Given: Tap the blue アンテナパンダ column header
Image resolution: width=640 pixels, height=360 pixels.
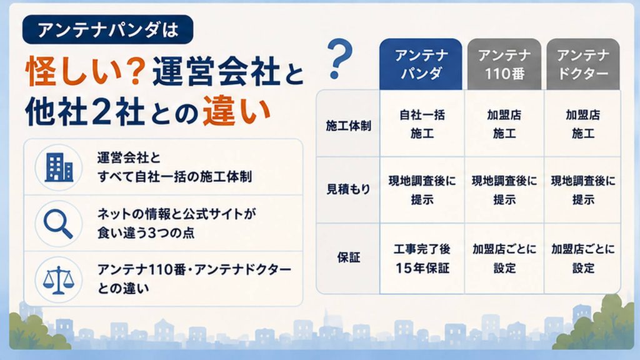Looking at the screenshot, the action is pos(421,64).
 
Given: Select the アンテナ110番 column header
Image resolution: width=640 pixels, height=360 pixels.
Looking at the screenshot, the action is pos(504,64).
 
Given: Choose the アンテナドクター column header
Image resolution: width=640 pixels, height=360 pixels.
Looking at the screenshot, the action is pos(583,64).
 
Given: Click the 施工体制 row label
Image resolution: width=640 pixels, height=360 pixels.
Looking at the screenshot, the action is pos(348,126).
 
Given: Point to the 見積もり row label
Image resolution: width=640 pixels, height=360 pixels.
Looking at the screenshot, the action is pos(348,189).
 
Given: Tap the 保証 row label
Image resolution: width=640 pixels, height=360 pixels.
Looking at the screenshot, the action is pos(349,257).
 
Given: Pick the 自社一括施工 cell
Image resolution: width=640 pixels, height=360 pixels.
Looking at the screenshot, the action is pos(422,124).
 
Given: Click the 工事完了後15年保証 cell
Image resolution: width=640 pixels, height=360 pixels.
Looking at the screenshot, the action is pos(422,258).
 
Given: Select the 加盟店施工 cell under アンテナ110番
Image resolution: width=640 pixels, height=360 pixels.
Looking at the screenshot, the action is pos(504,124).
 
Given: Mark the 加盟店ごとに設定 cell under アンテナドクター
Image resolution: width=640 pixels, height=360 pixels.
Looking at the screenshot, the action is pos(583,258).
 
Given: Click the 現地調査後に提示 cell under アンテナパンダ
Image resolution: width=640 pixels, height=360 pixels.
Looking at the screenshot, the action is pos(422,190).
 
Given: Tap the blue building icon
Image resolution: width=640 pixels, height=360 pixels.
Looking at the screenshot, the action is pos(59,167).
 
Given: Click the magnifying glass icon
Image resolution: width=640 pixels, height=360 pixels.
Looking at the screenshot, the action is pos(58,224).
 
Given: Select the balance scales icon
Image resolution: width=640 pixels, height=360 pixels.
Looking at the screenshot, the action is pos(59,280).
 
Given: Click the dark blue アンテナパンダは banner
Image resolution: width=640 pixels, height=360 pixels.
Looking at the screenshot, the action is pos(107,29).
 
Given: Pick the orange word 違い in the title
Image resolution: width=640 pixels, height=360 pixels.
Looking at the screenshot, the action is pos(236,111).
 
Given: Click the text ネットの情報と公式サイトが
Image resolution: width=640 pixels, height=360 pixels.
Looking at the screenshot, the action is pos(176,214).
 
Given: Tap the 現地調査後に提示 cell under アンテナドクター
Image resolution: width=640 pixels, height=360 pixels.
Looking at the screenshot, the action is pos(583,190).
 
